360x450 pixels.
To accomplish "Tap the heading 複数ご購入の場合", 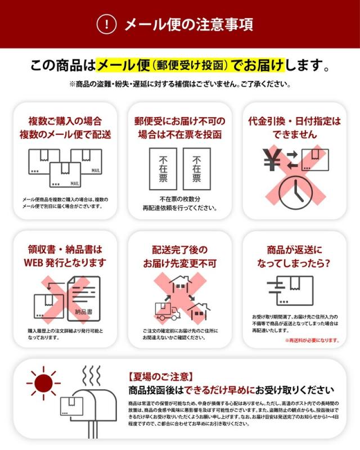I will click(x=65, y=121).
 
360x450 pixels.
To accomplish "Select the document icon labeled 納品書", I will click(x=83, y=299).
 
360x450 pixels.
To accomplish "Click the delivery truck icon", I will click(x=167, y=310).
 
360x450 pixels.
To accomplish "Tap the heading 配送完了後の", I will click(x=179, y=249).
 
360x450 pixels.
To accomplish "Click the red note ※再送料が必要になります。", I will click(x=312, y=340).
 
